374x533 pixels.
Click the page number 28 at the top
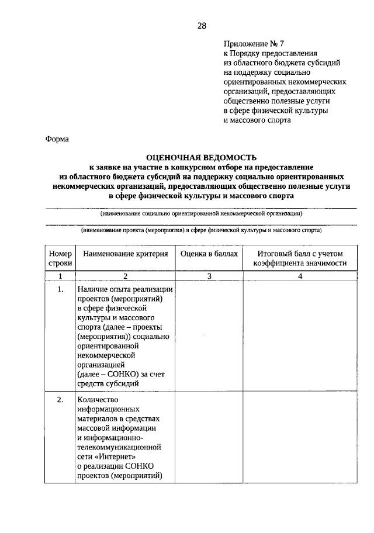[201, 26]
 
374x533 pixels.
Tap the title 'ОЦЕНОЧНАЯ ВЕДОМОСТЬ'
[201, 157]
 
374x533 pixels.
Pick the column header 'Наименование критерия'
[125, 254]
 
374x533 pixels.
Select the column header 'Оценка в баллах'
[209, 254]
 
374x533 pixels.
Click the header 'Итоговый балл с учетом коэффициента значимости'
[300, 258]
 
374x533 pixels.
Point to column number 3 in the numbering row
[209, 276]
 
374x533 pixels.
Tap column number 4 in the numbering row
[300, 276]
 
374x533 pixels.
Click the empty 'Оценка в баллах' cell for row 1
[209, 336]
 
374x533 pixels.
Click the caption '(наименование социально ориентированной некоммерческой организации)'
[201, 214]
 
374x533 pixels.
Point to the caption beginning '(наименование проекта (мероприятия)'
[201, 231]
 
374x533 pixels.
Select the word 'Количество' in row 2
[96, 400]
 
